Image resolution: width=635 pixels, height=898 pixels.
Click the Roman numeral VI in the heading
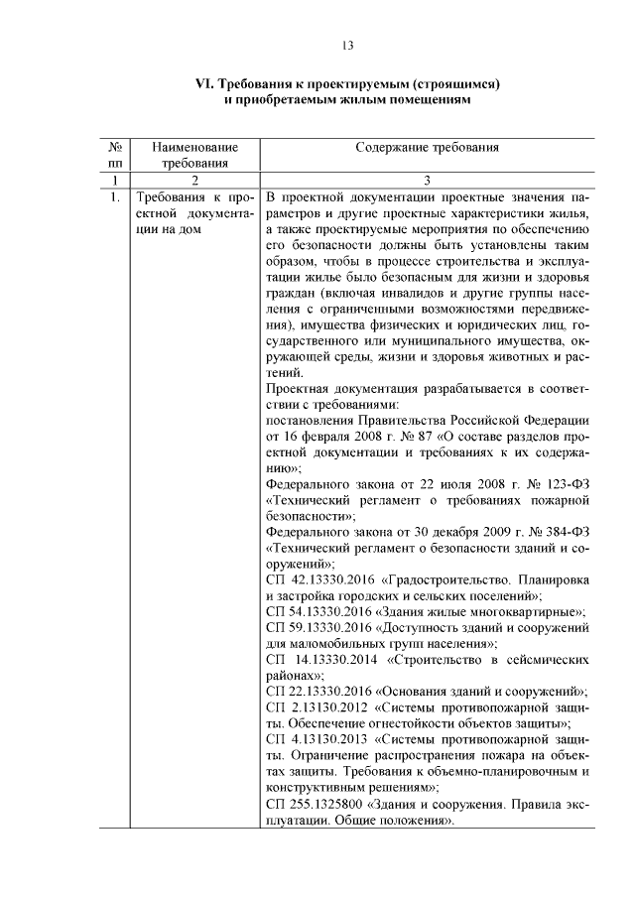[x=201, y=84]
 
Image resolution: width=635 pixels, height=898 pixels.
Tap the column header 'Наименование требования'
[x=194, y=155]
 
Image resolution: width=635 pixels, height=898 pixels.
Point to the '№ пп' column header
[x=115, y=155]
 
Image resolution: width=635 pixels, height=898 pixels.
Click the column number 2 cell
[x=194, y=180]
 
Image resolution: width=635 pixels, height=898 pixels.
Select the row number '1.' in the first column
[x=115, y=196]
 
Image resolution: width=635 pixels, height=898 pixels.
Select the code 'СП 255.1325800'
[x=312, y=806]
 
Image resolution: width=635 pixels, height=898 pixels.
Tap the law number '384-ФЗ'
[x=569, y=531]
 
